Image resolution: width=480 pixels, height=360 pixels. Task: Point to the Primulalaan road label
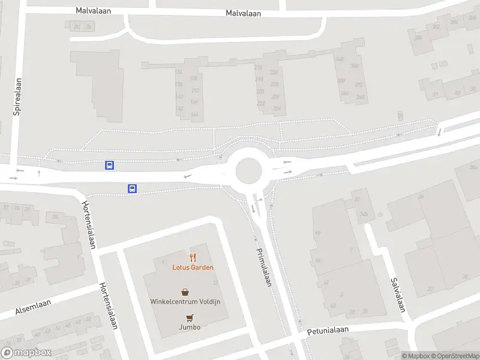tap(265, 268)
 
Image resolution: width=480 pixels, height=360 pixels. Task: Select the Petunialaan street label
tap(328, 331)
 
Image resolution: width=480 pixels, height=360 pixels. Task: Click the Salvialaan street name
tap(397, 295)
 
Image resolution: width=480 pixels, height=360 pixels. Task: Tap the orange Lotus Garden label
tap(193, 268)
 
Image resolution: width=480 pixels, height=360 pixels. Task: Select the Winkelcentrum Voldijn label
tap(189, 301)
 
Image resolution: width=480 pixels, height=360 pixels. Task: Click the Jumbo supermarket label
tap(189, 327)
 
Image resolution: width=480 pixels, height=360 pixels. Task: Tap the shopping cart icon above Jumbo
tap(190, 317)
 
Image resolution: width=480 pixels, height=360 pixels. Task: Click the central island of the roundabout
tap(248, 171)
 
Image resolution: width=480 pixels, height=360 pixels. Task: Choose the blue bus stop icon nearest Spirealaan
tap(110, 165)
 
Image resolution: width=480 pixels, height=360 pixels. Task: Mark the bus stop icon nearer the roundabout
tap(132, 188)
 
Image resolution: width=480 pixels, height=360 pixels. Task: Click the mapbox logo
tap(26, 353)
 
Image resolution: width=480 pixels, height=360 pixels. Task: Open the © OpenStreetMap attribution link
tap(454, 356)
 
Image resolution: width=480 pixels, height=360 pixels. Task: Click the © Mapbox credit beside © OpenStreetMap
tap(415, 356)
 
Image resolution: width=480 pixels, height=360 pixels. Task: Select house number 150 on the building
tap(193, 79)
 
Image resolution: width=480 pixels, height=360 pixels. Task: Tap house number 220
tap(260, 91)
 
